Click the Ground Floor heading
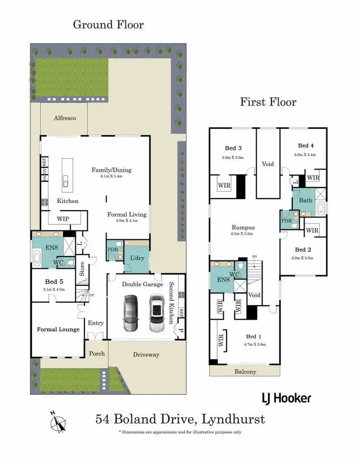pyautogui.click(x=108, y=24)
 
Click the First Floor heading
pyautogui.click(x=268, y=102)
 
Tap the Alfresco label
pyautogui.click(x=64, y=118)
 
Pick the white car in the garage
pyautogui.click(x=156, y=314)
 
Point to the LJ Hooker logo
pyautogui.click(x=286, y=398)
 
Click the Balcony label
pyautogui.click(x=245, y=372)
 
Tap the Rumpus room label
pyautogui.click(x=243, y=228)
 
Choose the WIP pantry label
pyautogui.click(x=62, y=219)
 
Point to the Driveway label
pyautogui.click(x=146, y=355)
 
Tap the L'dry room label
pyautogui.click(x=137, y=258)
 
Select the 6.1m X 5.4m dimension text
pyautogui.click(x=111, y=176)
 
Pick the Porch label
pyautogui.click(x=96, y=353)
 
